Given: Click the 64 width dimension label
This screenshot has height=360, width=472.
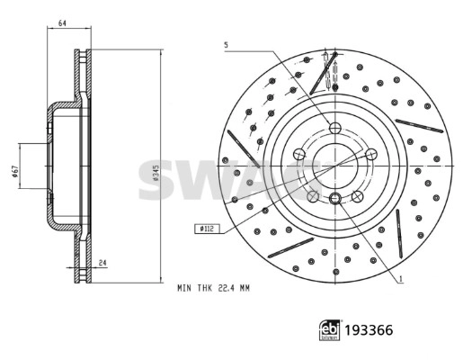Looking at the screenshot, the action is (62, 22).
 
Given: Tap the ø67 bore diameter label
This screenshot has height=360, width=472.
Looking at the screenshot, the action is (15, 171).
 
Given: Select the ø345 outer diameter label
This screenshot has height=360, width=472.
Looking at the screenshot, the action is (156, 173).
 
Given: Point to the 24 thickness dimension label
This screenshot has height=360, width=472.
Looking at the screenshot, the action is (102, 263).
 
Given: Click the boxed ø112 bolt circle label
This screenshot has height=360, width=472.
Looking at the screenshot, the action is (207, 229).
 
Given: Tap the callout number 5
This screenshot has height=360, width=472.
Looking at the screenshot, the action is (226, 45).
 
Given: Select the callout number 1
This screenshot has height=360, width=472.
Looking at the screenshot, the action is (401, 279).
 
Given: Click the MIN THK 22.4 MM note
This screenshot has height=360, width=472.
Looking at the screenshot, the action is (213, 288).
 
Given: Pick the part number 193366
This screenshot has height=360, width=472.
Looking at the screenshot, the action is (369, 330).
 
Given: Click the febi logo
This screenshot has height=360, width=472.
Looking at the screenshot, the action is (330, 330).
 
